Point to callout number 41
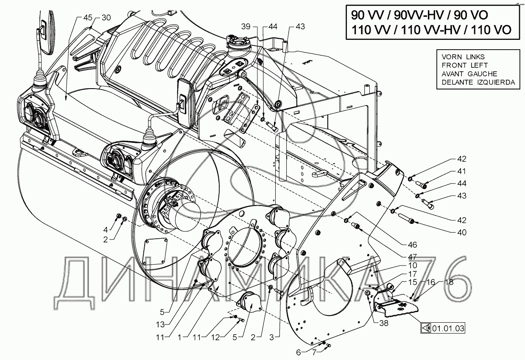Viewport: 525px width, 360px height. pos(449,171)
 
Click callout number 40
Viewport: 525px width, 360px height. pos(449,232)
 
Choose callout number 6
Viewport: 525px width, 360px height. pos(298,352)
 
